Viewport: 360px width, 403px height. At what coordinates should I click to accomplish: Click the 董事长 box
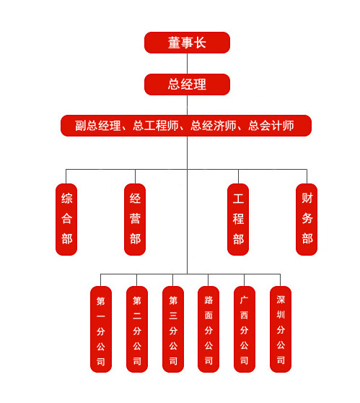click(187, 43)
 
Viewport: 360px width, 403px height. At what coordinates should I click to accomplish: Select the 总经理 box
click(187, 84)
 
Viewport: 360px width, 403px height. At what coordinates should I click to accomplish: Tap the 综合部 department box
click(66, 220)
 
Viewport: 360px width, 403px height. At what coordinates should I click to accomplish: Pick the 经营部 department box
click(135, 220)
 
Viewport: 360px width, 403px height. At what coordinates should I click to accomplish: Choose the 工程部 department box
click(238, 220)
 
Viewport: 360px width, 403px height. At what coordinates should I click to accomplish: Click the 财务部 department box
click(307, 220)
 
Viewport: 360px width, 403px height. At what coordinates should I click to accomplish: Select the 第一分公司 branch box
click(101, 329)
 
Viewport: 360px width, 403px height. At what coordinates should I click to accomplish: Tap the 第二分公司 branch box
click(137, 329)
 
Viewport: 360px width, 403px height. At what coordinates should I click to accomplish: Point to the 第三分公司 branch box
click(173, 329)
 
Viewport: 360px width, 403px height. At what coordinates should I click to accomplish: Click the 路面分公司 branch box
click(208, 329)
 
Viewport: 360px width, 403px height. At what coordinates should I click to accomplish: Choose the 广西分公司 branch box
click(245, 329)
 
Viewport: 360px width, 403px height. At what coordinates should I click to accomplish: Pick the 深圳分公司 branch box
click(281, 329)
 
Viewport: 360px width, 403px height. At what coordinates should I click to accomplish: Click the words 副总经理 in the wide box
click(98, 126)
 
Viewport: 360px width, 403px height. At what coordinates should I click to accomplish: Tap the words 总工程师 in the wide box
click(156, 126)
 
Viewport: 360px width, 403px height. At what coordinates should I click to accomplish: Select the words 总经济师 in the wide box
click(214, 126)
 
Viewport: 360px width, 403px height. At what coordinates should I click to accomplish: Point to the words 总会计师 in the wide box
click(271, 126)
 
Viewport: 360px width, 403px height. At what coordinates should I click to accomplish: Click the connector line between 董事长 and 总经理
click(187, 64)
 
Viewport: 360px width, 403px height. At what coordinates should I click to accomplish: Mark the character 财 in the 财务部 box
click(307, 198)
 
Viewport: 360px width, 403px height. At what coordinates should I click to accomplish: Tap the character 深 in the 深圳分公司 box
click(281, 300)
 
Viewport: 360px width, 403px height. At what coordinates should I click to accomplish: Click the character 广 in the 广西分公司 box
click(244, 300)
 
